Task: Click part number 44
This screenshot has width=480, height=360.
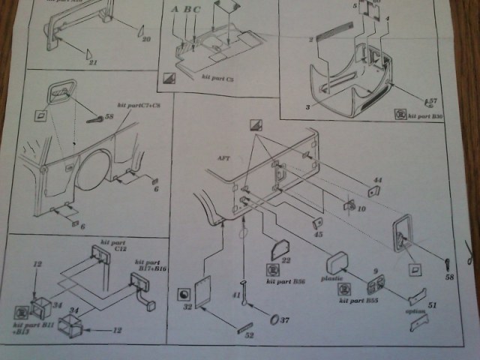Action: click(378, 181)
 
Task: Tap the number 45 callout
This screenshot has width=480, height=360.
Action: click(319, 235)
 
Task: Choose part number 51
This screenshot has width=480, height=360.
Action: click(430, 305)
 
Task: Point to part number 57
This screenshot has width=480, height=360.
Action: click(432, 100)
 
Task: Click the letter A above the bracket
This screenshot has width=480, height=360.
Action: click(175, 10)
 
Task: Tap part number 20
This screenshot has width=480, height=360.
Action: click(146, 37)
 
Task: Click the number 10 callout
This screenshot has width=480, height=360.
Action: click(361, 210)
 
